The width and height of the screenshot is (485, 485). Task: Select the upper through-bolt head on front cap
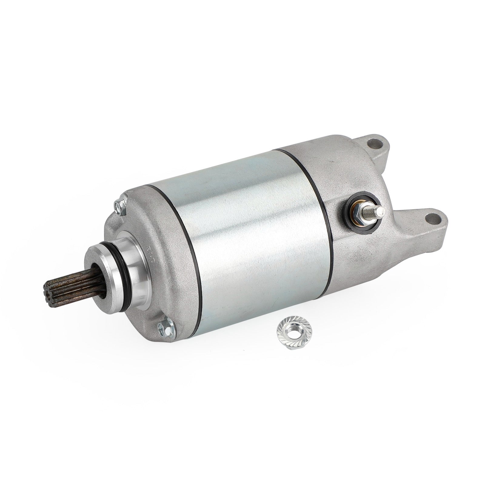click(119, 205)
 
